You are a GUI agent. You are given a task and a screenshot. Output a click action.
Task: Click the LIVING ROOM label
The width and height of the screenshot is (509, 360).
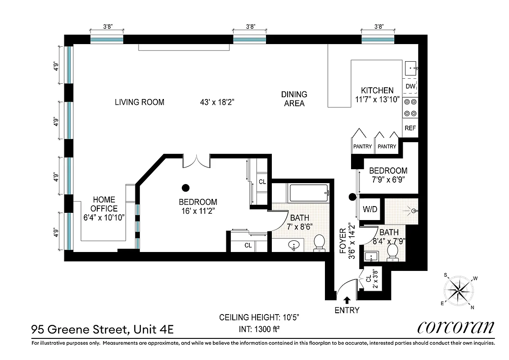pos(140,102)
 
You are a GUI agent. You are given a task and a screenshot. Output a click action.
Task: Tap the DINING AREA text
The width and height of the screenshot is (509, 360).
pos(294,99)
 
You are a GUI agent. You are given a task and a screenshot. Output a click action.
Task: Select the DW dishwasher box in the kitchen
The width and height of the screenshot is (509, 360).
pos(410,86)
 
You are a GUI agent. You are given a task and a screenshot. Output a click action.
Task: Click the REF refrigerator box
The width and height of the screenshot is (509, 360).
pos(410,128)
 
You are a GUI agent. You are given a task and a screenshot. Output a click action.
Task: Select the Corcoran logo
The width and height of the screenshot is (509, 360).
pos(456,327)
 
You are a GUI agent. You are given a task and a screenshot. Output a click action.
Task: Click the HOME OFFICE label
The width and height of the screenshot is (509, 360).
pos(104,204)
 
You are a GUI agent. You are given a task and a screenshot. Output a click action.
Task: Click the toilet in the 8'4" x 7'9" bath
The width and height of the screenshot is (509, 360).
pos(392,252)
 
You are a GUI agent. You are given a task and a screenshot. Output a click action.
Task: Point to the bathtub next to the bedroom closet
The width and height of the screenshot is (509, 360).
pos(309,193)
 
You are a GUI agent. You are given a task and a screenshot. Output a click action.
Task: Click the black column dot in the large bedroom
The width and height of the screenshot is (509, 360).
pos(185,188)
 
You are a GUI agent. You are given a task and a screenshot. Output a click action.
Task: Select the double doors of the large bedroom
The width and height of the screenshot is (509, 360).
pos(197,161)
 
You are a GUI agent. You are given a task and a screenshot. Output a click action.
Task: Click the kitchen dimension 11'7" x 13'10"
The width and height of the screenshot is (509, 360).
pos(377,100)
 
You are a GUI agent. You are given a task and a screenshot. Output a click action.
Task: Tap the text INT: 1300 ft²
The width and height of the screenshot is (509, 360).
pos(260,329)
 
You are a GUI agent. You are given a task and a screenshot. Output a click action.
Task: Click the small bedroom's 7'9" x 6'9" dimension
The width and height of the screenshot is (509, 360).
pos(388,180)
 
